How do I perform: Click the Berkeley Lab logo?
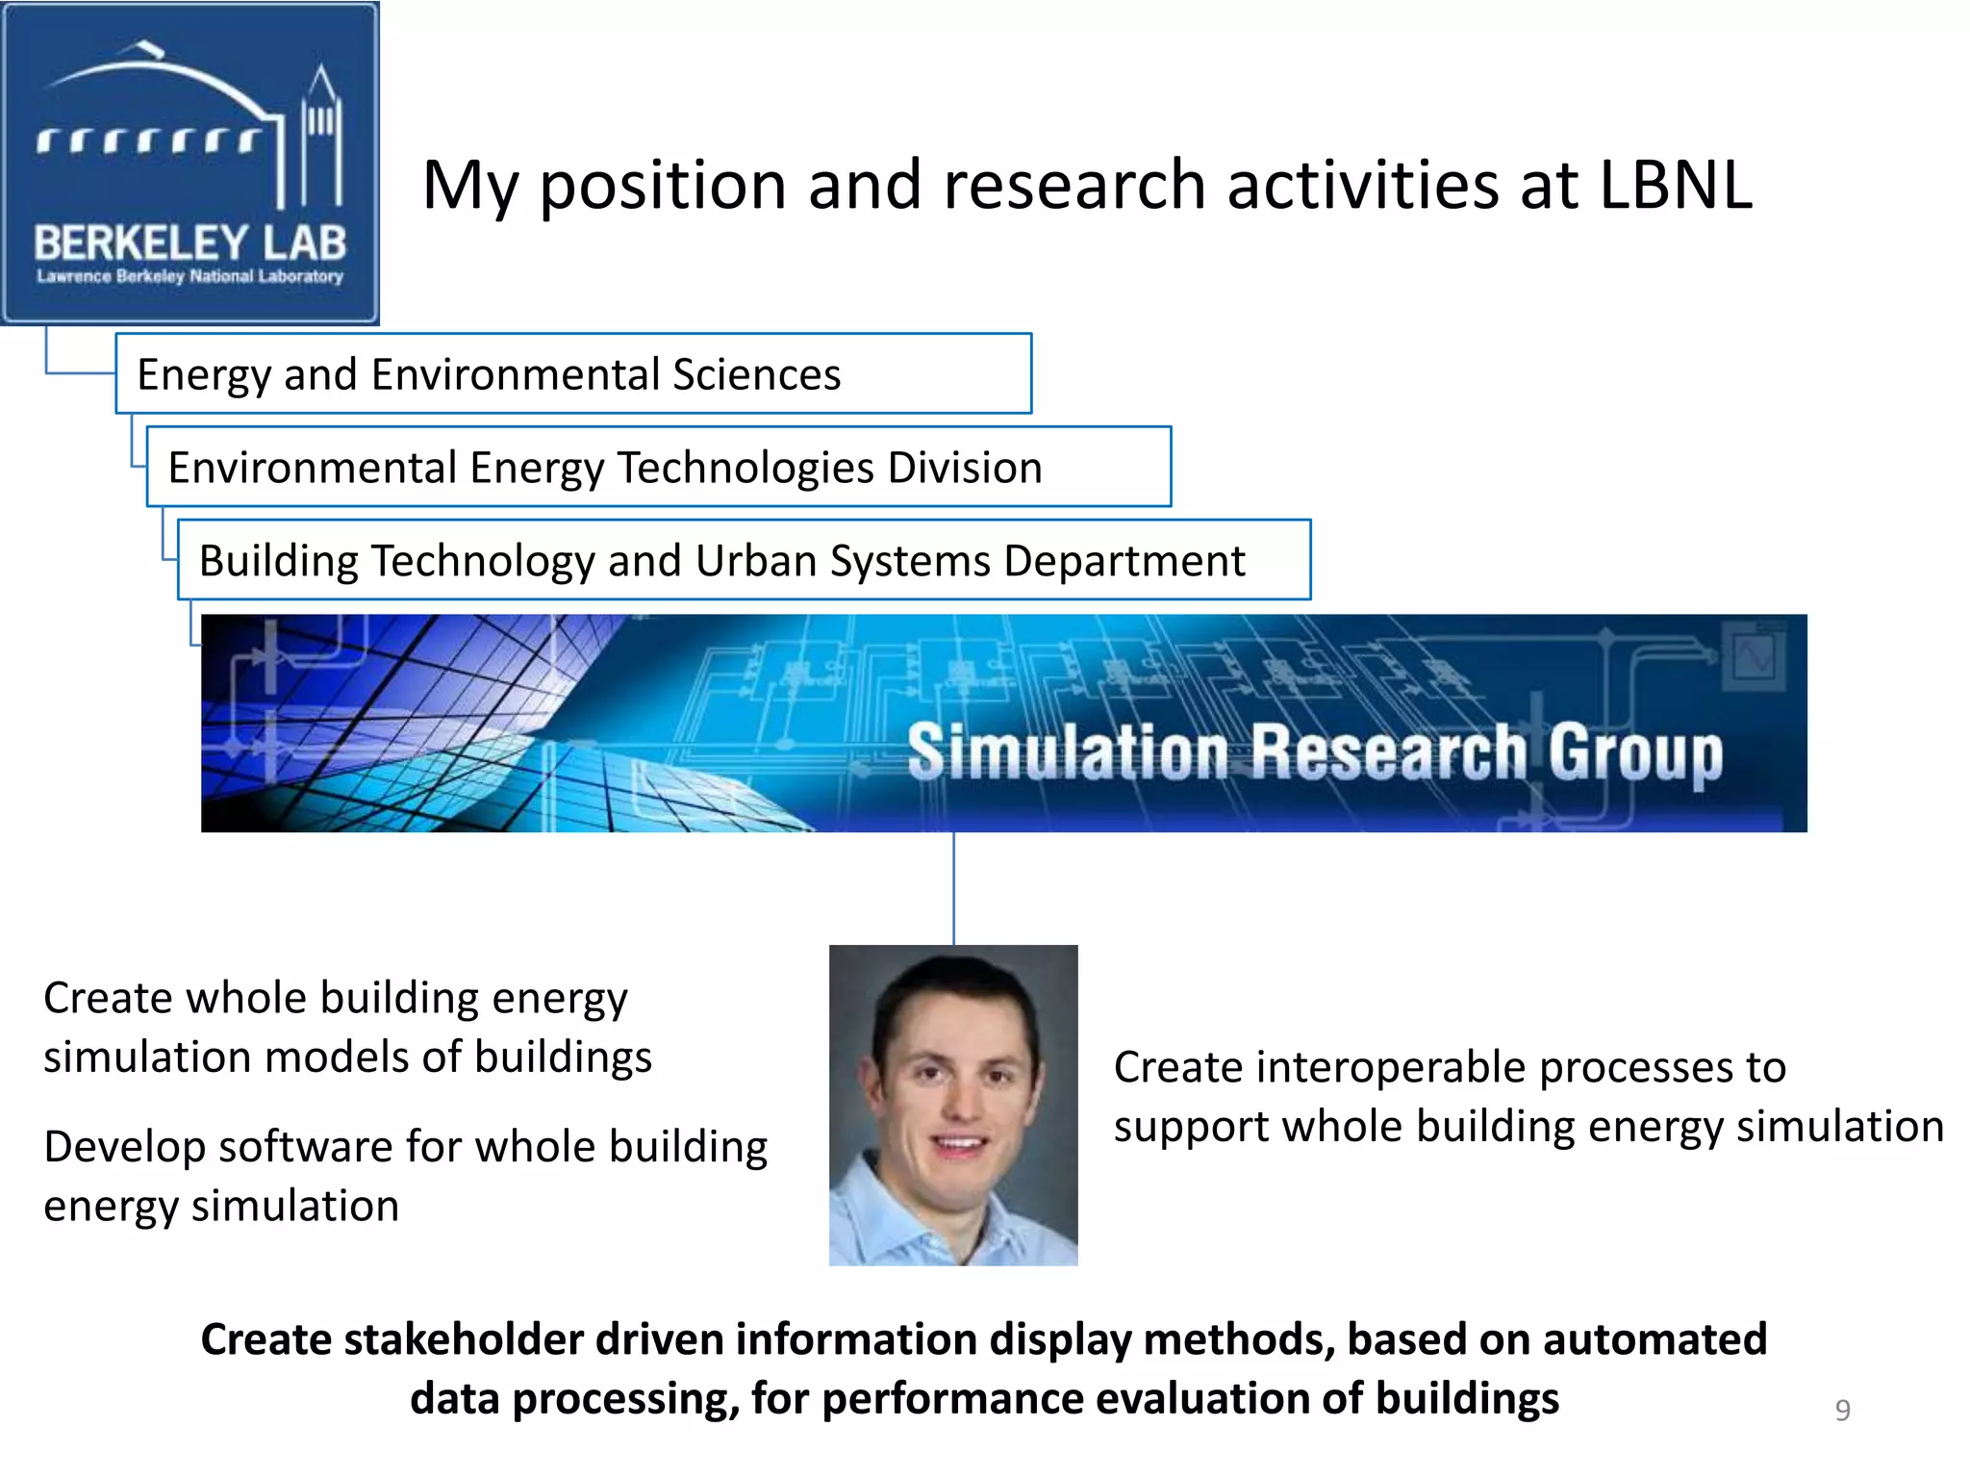click(189, 164)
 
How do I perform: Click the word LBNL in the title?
click(1675, 185)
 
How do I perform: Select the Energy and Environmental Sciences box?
click(573, 374)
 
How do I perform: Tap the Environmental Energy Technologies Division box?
click(658, 468)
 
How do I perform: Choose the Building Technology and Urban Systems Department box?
click(744, 561)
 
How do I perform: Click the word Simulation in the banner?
click(1068, 752)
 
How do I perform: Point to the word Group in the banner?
click(1635, 753)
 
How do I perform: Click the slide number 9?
click(1842, 1410)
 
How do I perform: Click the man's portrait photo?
click(953, 1105)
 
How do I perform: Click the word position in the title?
click(662, 187)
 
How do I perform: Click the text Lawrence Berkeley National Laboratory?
click(189, 277)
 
